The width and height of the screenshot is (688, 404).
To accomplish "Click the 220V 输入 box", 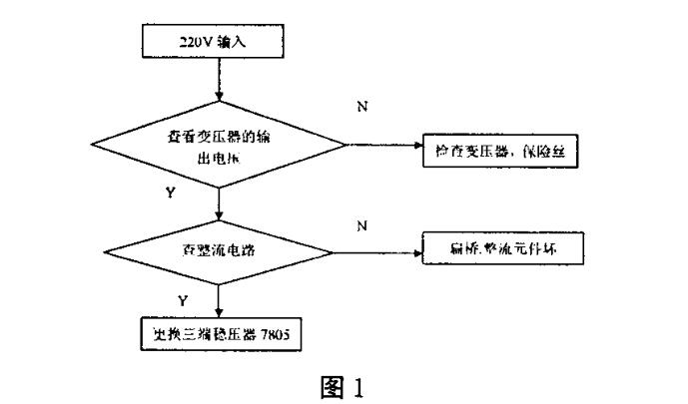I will pyautogui.click(x=216, y=42).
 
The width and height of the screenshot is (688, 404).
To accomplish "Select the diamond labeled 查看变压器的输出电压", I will pyautogui.click(x=217, y=146).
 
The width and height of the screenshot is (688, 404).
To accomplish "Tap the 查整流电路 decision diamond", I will pyautogui.click(x=217, y=249).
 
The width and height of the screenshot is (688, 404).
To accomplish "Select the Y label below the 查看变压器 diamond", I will pyautogui.click(x=170, y=193).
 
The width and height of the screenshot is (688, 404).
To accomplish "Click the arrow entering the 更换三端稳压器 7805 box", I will pyautogui.click(x=217, y=300).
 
